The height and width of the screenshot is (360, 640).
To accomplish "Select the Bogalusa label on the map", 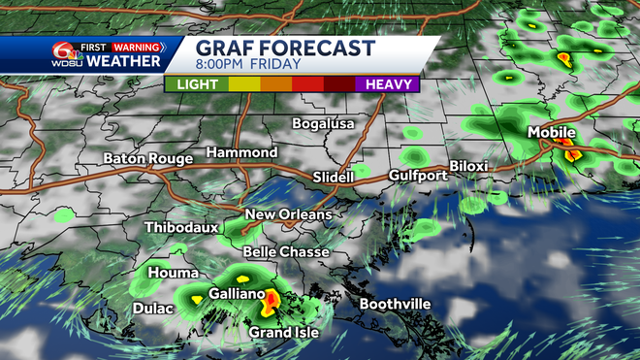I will [x=324, y=124].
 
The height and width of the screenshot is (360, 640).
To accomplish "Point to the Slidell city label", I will [x=336, y=177].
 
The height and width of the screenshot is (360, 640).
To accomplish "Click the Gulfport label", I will [x=418, y=176].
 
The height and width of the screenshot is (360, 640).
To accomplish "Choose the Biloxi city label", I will [x=468, y=166].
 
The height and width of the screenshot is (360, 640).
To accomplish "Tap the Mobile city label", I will [x=551, y=132].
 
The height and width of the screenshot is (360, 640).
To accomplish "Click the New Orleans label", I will [x=288, y=214].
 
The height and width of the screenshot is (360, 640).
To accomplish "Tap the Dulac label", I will [x=152, y=309].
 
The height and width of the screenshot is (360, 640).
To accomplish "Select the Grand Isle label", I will [x=284, y=333].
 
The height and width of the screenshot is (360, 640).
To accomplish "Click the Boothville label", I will [x=395, y=304].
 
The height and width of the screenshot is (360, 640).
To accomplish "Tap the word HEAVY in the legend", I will [x=385, y=84].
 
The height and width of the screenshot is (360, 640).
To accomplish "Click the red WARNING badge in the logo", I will [x=138, y=45].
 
